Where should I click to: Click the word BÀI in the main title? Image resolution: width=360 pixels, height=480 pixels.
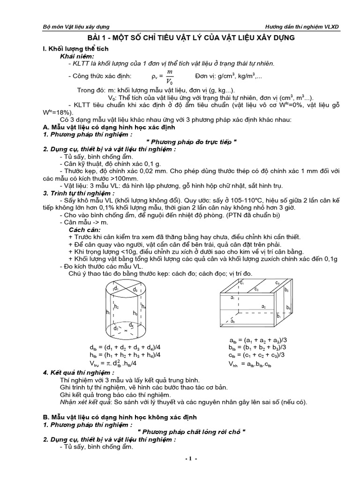coord(97,38)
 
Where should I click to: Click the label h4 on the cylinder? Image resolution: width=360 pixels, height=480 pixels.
coord(143,307)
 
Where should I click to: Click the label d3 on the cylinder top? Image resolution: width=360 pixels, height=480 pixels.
coord(135,290)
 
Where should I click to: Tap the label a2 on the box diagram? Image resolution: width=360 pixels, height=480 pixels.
coord(263,306)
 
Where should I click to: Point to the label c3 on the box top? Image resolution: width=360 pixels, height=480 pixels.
coord(277,283)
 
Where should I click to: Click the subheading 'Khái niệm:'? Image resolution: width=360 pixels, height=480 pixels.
coord(77,56)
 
